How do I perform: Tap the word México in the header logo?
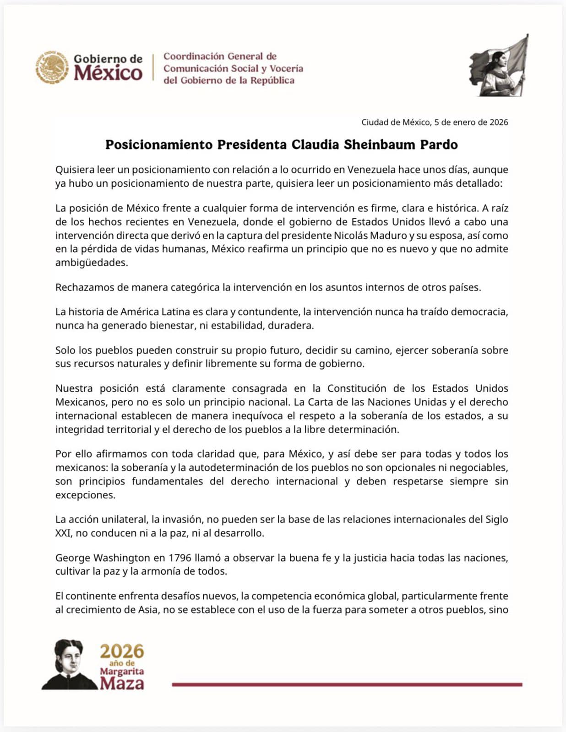108,73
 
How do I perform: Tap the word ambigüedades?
91,263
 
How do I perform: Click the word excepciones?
85,495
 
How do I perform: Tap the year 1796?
180,558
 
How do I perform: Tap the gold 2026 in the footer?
122,651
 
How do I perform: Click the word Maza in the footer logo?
122,684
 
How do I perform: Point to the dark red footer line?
347,684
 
